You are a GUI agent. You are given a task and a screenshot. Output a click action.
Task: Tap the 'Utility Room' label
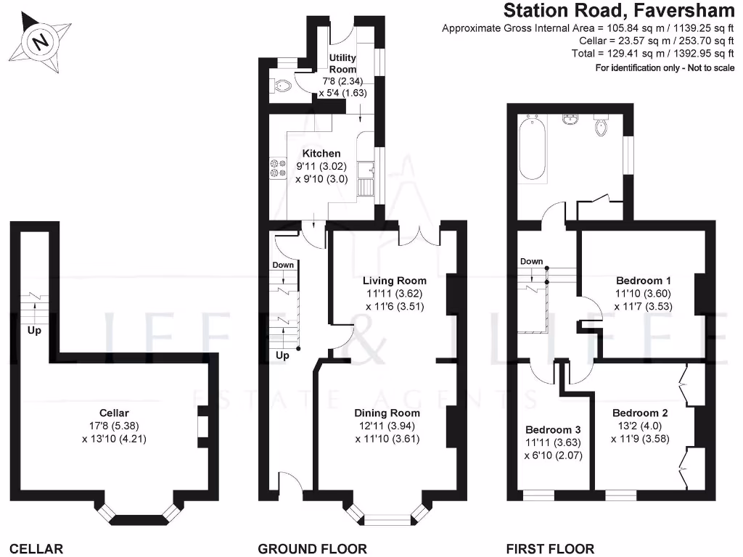pyautogui.click(x=342, y=63)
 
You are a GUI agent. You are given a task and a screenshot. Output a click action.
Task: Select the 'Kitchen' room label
pyautogui.click(x=321, y=154)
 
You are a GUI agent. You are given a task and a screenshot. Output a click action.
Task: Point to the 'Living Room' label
pyautogui.click(x=395, y=281)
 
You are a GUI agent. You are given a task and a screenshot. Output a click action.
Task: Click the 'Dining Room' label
pyautogui.click(x=387, y=413)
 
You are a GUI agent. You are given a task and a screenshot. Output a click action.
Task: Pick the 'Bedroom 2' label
pyautogui.click(x=640, y=413)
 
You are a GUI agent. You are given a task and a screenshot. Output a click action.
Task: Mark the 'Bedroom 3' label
pyautogui.click(x=553, y=428)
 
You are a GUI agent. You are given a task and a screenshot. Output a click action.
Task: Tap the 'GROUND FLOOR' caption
pyautogui.click(x=312, y=549)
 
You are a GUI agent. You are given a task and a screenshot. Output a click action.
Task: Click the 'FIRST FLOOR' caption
pyautogui.click(x=551, y=549)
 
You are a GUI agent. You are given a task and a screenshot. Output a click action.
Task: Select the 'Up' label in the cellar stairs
pyautogui.click(x=33, y=330)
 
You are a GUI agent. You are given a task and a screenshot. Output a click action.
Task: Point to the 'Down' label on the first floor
pyautogui.click(x=532, y=262)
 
